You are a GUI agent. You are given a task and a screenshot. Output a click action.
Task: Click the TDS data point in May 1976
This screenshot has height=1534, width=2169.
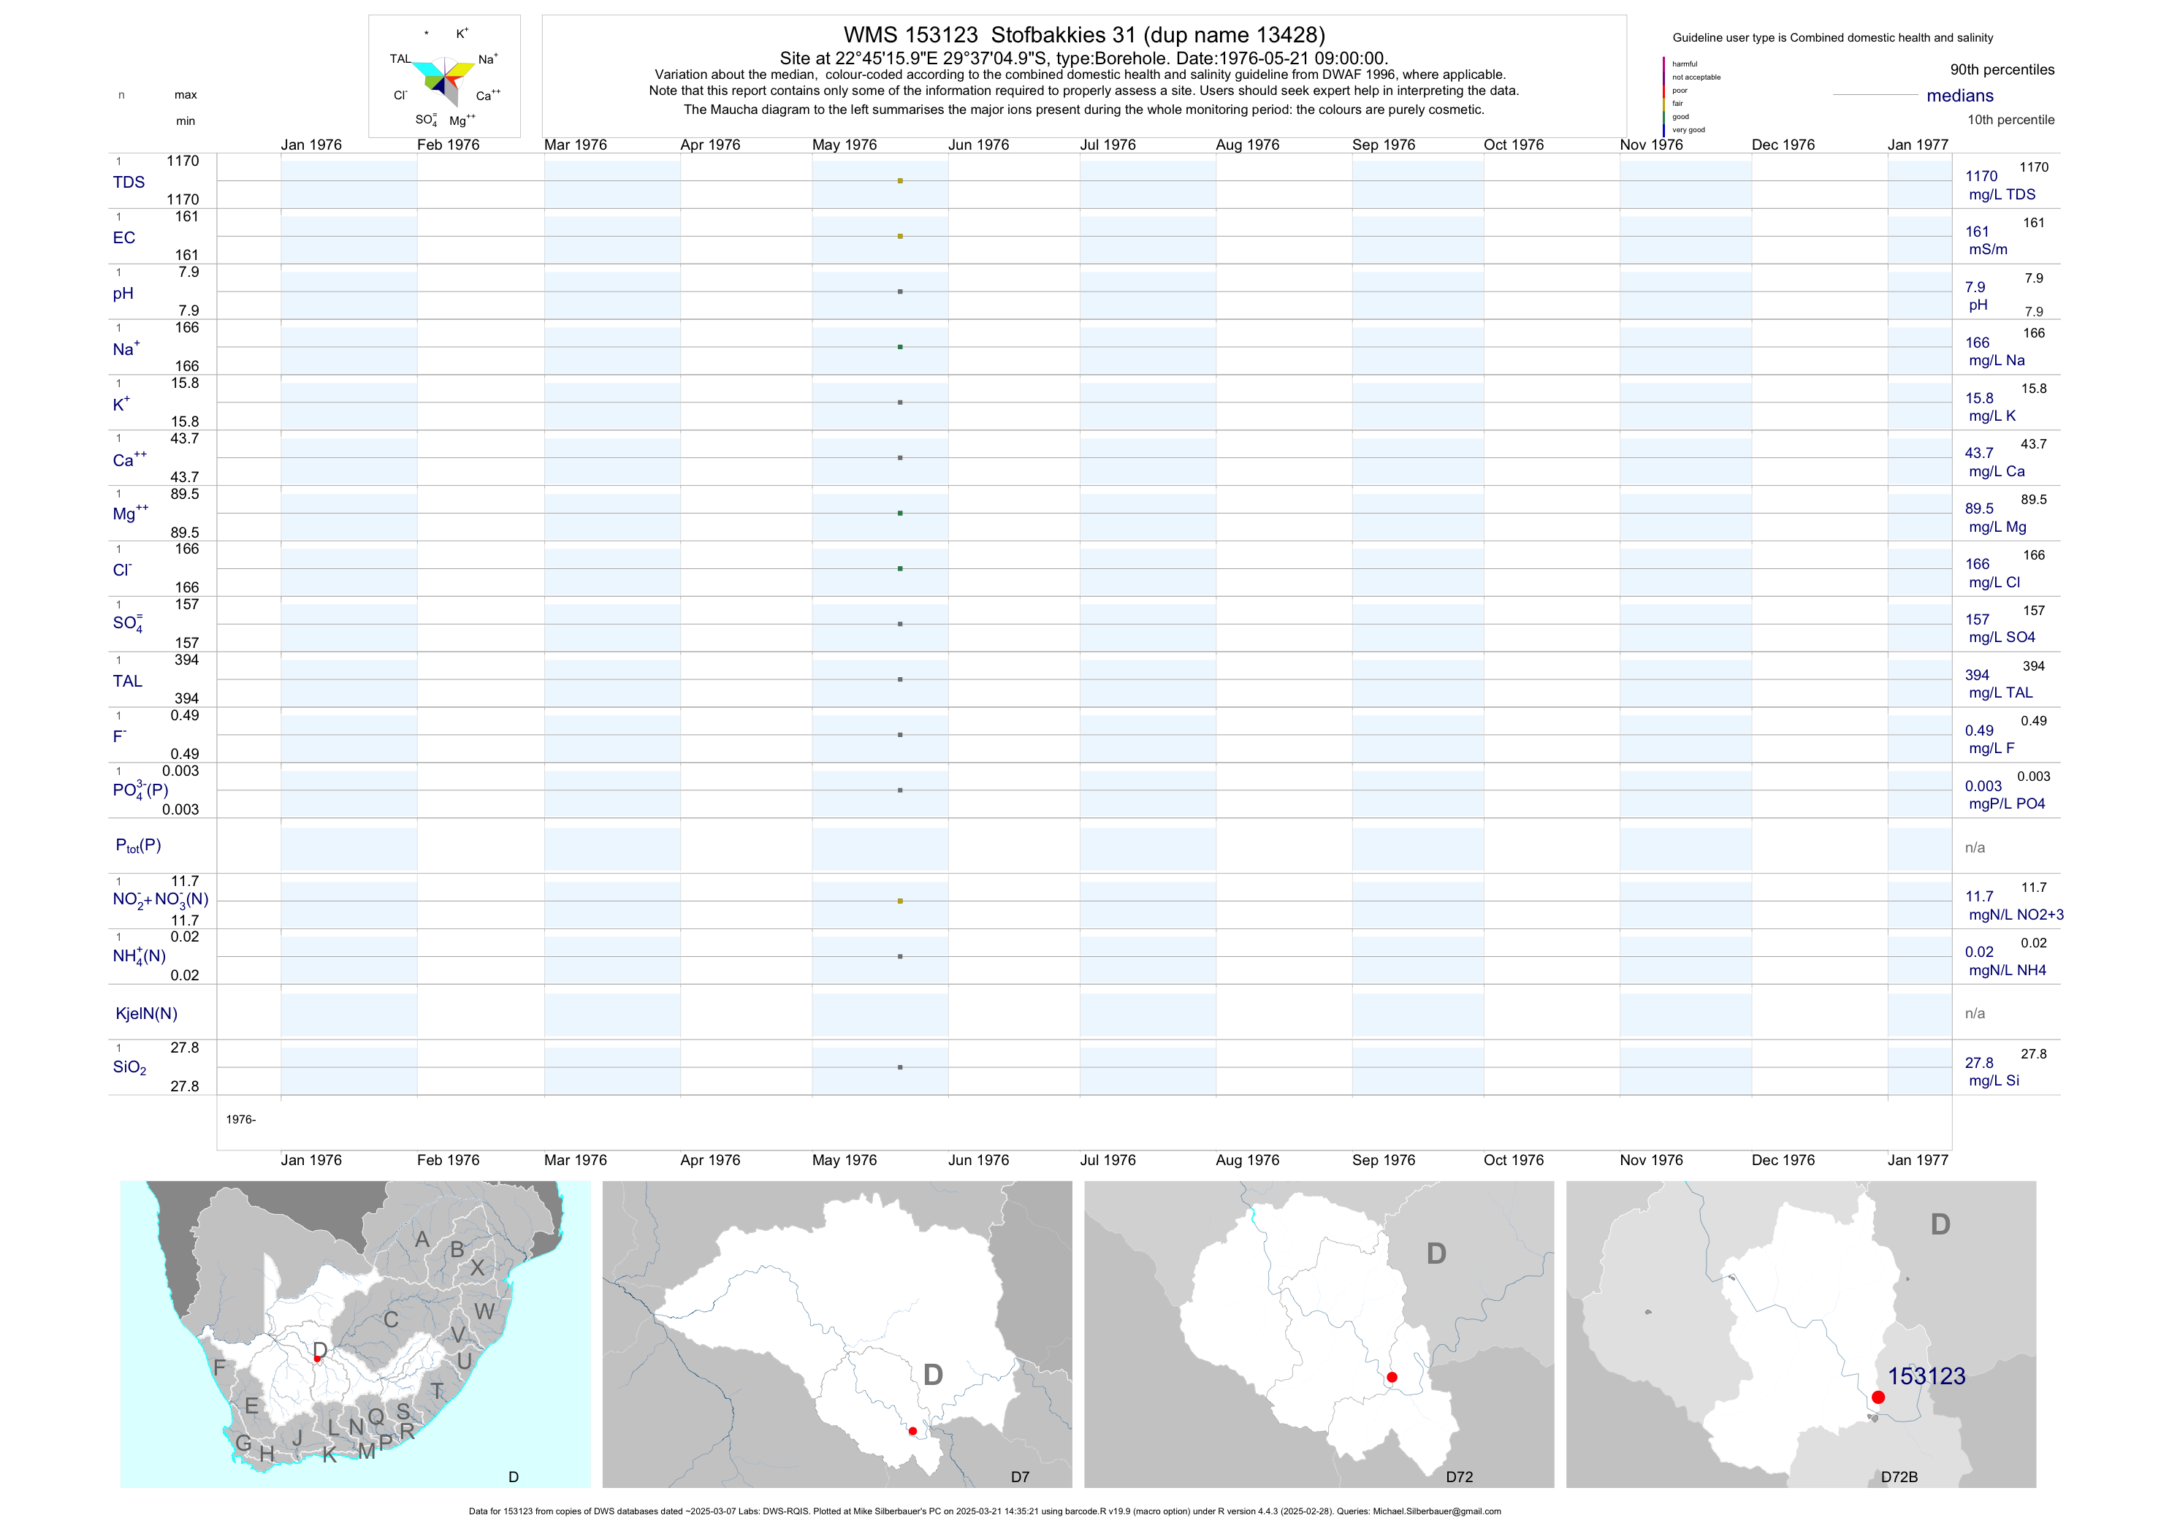900,180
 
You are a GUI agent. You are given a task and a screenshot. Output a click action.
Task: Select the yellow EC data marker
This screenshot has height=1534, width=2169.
900,236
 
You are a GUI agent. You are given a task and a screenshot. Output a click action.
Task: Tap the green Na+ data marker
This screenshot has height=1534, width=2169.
900,347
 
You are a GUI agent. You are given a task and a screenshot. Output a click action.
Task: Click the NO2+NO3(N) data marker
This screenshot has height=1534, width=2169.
900,901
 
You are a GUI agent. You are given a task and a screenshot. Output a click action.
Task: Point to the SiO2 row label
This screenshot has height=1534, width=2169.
129,1067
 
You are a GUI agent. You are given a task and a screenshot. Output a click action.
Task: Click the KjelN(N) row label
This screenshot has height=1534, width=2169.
145,1014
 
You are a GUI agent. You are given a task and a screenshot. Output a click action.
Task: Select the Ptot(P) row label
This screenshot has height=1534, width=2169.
138,845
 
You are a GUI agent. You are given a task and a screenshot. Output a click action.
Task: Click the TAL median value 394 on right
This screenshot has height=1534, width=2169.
1977,676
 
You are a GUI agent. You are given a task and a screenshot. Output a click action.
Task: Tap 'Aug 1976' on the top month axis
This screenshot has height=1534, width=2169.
1247,145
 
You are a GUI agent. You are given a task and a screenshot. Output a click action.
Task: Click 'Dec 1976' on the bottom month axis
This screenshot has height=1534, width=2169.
1783,1160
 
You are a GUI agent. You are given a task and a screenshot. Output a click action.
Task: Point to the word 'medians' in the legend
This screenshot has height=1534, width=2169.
1960,96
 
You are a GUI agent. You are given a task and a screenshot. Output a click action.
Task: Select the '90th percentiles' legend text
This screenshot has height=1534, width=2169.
2002,70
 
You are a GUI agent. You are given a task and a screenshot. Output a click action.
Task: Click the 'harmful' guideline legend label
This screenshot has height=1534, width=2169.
1685,64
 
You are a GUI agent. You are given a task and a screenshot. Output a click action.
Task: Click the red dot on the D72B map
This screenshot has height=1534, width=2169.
1878,1397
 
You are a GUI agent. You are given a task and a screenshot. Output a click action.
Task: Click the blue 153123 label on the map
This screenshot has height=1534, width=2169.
1926,1376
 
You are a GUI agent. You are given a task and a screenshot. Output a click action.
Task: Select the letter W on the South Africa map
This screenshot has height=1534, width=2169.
484,1311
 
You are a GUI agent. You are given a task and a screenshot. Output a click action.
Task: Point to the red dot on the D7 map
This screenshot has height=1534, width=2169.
912,1431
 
